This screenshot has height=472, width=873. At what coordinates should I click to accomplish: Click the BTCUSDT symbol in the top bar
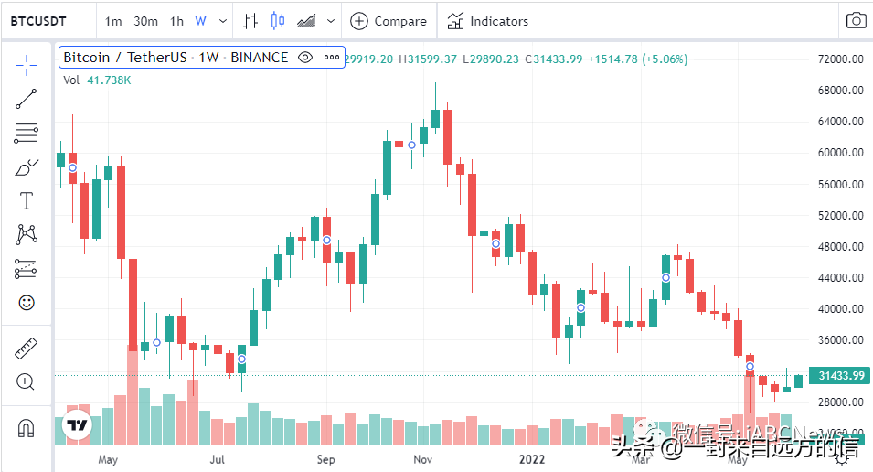pyautogui.click(x=38, y=21)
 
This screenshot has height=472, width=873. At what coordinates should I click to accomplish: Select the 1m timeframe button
pyautogui.click(x=113, y=21)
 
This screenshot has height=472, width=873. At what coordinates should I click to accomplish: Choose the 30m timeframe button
pyautogui.click(x=145, y=21)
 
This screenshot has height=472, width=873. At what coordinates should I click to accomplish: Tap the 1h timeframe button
pyautogui.click(x=176, y=21)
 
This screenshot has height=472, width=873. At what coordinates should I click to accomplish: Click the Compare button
pyautogui.click(x=389, y=21)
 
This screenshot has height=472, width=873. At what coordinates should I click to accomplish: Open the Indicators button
pyautogui.click(x=487, y=21)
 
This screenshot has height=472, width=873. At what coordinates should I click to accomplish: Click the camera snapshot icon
pyautogui.click(x=856, y=21)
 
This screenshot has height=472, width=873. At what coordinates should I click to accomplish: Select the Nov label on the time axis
pyautogui.click(x=423, y=459)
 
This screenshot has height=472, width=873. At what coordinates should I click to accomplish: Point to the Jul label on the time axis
pyautogui.click(x=218, y=459)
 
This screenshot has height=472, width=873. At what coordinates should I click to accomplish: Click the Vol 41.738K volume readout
pyautogui.click(x=97, y=80)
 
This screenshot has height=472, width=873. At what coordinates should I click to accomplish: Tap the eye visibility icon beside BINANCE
pyautogui.click(x=306, y=58)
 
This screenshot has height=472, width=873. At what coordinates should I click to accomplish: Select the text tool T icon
pyautogui.click(x=27, y=201)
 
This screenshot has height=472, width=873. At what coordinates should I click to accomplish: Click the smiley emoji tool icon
pyautogui.click(x=27, y=301)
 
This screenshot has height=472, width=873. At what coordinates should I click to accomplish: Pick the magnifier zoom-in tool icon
pyautogui.click(x=27, y=381)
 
